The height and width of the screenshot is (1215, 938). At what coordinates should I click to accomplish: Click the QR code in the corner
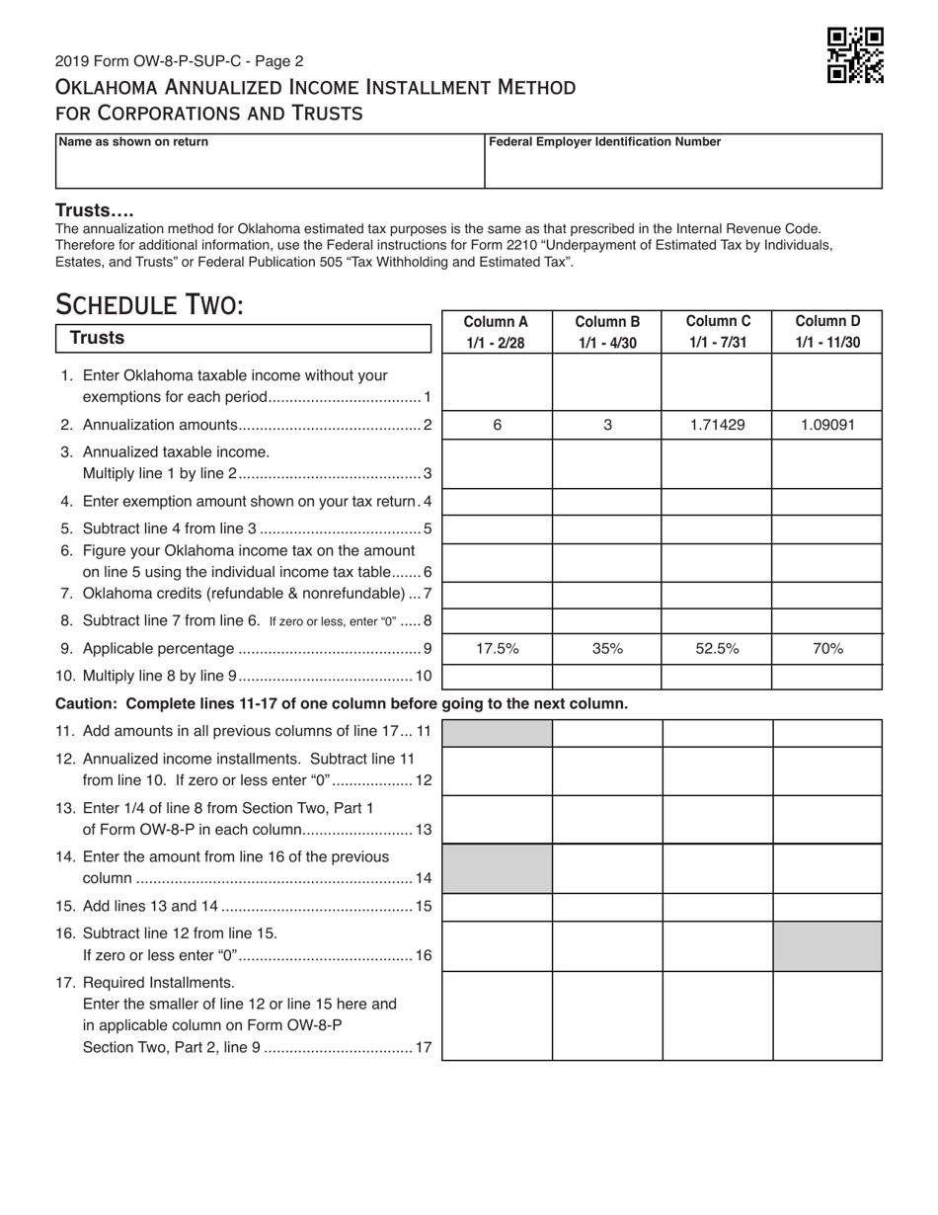(x=854, y=55)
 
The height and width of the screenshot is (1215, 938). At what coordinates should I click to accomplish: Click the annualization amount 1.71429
(x=717, y=425)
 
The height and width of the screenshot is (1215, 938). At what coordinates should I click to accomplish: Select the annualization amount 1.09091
(x=827, y=425)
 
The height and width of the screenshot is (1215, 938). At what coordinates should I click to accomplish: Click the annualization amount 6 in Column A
(x=497, y=425)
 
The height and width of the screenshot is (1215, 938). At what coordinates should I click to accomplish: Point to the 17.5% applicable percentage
(x=497, y=649)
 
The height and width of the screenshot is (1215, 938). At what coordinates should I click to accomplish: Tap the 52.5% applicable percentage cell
(x=717, y=649)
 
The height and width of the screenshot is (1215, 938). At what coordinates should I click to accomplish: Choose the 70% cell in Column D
(x=827, y=649)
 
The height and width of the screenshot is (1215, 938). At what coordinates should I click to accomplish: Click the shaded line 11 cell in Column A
(x=497, y=733)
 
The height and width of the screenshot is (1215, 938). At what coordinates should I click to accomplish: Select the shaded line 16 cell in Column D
(x=827, y=946)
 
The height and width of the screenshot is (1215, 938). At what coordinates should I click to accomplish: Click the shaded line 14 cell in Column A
(x=497, y=868)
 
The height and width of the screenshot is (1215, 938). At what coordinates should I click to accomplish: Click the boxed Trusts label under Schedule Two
(x=97, y=338)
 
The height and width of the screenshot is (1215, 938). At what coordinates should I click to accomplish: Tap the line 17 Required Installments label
(x=158, y=983)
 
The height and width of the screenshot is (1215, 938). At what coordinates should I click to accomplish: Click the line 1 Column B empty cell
(x=607, y=382)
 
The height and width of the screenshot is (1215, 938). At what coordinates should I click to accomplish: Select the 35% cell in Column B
(x=607, y=649)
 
